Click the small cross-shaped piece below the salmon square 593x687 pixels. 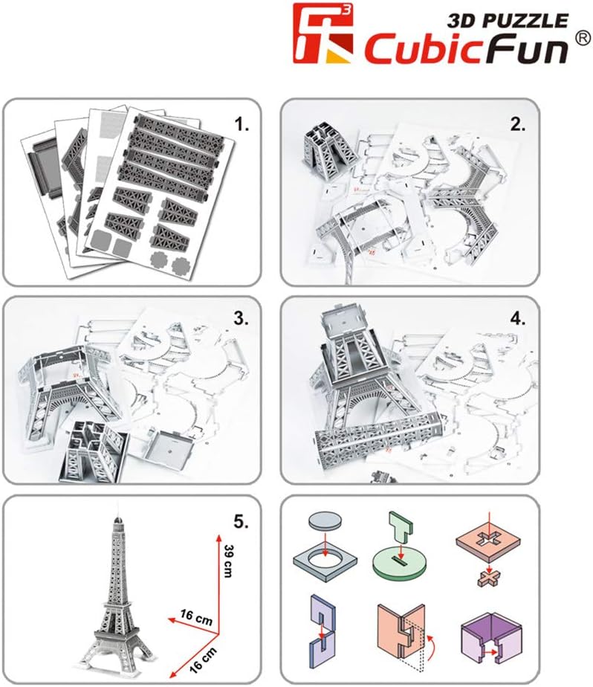pos(488,576)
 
